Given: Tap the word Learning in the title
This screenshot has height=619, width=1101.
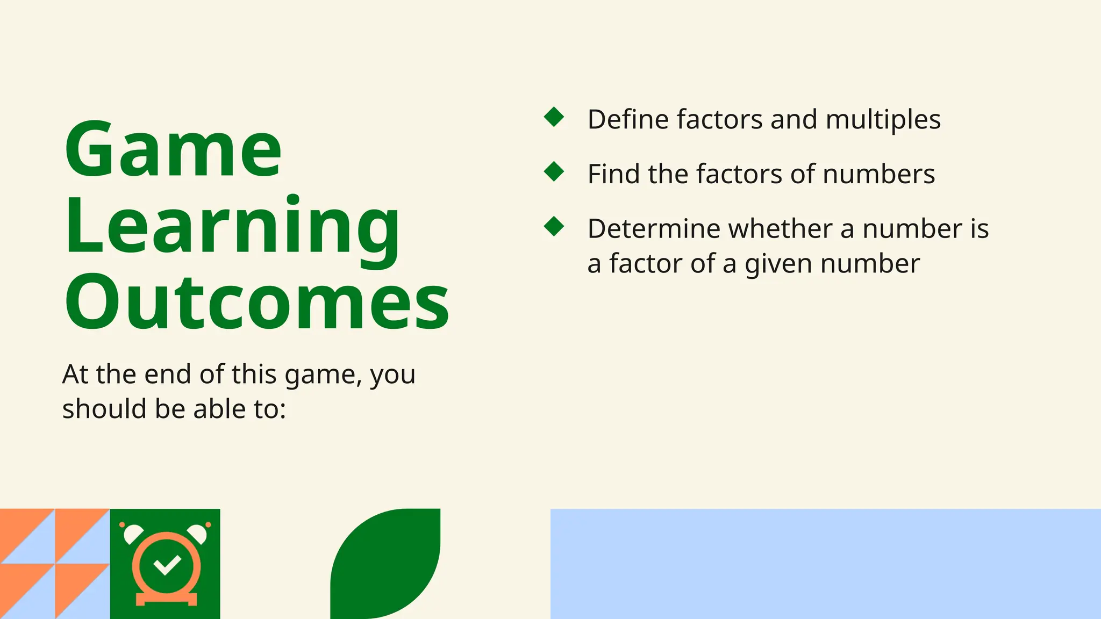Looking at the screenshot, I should click(232, 227).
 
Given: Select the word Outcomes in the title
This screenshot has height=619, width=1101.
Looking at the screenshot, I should click(257, 303).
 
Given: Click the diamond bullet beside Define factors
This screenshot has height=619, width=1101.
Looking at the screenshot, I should click(554, 117).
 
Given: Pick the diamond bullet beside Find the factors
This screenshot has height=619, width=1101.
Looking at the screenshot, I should click(554, 172).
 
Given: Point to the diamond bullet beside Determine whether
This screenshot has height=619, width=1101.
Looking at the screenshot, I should click(554, 226).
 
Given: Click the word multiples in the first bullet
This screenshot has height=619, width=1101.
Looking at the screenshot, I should click(883, 120).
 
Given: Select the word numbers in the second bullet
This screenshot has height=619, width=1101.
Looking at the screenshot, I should click(878, 174).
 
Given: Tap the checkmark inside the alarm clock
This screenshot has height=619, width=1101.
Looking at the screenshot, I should click(167, 564).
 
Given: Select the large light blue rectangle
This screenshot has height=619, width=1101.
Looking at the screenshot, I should click(825, 564).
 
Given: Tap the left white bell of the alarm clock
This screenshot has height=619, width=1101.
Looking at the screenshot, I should click(132, 534).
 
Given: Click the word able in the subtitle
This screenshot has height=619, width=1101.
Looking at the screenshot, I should click(216, 409).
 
